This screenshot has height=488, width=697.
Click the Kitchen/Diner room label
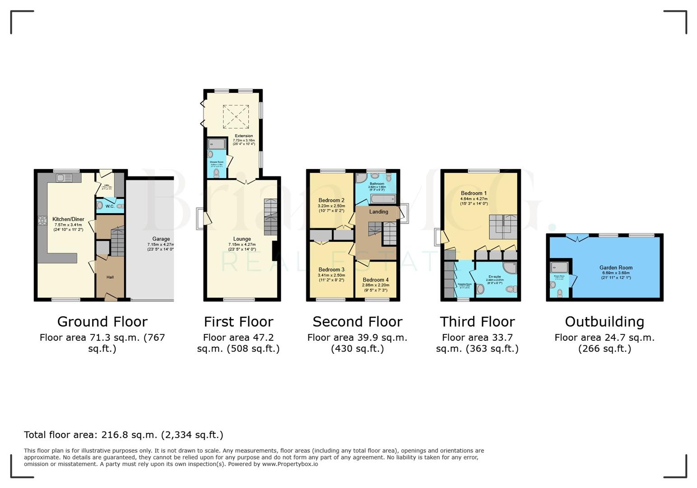pyautogui.click(x=68, y=219)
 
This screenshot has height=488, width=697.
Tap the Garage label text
pyautogui.click(x=161, y=239)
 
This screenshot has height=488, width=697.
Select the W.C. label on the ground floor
pyautogui.click(x=110, y=206)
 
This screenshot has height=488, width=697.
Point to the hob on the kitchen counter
pyautogui.click(x=42, y=221)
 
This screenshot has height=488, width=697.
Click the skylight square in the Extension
pyautogui.click(x=236, y=117)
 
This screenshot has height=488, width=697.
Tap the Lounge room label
pyautogui.click(x=242, y=239)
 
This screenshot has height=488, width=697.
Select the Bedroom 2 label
pyautogui.click(x=331, y=200)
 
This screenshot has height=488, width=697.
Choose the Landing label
pyautogui.click(x=378, y=211)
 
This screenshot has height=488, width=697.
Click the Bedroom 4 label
pyautogui.click(x=375, y=280)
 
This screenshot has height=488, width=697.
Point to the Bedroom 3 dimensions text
pyautogui.click(x=331, y=277)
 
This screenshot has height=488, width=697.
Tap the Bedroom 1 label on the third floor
pyautogui.click(x=474, y=193)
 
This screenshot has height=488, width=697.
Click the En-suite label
pyautogui.click(x=494, y=277)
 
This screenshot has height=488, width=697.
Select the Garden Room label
pyautogui.click(x=616, y=267)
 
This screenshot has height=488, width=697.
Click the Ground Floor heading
pyautogui.click(x=102, y=322)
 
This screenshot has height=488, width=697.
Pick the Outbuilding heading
pyautogui.click(x=604, y=322)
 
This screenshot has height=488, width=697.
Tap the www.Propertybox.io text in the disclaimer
pyautogui.click(x=290, y=464)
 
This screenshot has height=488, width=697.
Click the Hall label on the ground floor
pyautogui.click(x=110, y=277)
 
